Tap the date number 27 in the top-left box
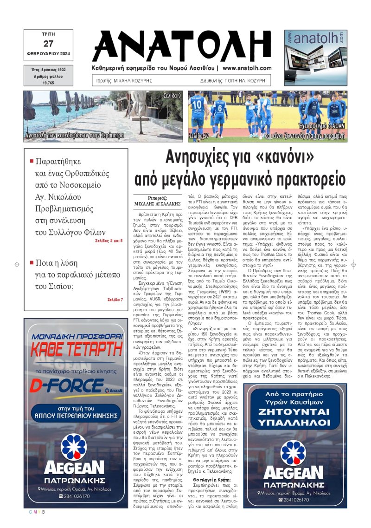[x=48, y=44]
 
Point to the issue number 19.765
[x=48, y=82]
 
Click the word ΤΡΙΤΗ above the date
[x=48, y=34]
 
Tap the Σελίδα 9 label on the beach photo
[x=172, y=96]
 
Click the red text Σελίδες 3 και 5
[x=109, y=241]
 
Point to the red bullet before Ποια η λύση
[x=32, y=262]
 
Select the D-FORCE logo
[x=66, y=385]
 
